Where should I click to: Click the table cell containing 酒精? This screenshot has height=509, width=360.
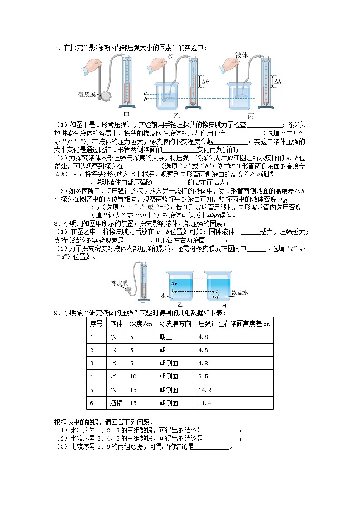click(x=116, y=402)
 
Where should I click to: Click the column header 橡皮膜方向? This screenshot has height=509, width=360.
click(x=175, y=324)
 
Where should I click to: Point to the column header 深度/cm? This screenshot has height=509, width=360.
click(x=141, y=324)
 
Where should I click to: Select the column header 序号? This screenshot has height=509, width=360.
click(x=96, y=324)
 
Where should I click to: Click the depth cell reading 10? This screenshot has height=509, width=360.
click(x=133, y=376)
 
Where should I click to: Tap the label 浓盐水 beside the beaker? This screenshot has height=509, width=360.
click(x=240, y=293)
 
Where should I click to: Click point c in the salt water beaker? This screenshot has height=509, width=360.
click(x=215, y=291)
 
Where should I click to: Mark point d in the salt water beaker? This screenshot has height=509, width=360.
click(x=215, y=296)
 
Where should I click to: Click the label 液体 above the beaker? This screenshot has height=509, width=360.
click(x=242, y=54)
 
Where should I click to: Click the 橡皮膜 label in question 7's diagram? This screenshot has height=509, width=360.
click(x=87, y=95)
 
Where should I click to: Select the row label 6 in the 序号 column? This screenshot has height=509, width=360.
click(x=92, y=402)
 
